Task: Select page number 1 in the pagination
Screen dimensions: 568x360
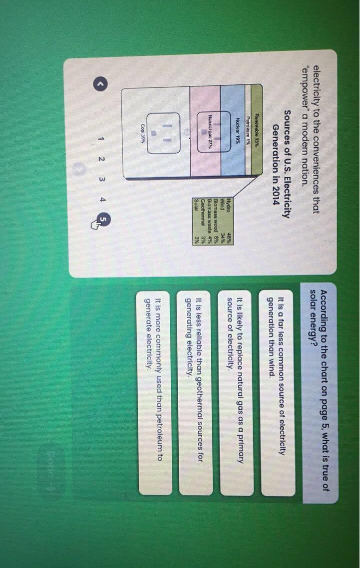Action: coord(101,138)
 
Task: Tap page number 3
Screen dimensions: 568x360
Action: coord(102,178)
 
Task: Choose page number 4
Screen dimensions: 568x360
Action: coord(102,199)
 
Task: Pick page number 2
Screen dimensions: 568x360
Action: coord(101,159)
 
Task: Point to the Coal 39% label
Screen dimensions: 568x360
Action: coord(143,133)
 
